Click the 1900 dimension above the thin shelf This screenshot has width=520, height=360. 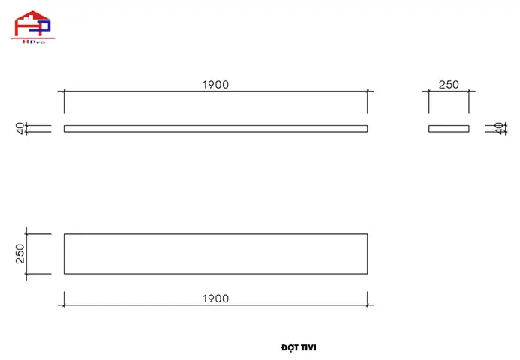[215, 85]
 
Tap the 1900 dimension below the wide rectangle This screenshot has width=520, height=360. [215, 298]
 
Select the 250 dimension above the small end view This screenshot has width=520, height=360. [449, 85]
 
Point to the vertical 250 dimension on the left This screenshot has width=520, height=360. [20, 253]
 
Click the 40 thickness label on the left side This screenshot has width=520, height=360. [20, 128]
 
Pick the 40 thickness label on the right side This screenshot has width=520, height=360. [498, 128]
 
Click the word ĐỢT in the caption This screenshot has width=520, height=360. [290, 347]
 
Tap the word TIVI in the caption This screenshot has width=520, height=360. [308, 348]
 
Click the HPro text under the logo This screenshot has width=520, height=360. [34, 42]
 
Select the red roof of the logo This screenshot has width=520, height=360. [32, 16]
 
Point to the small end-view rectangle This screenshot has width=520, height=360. [449, 128]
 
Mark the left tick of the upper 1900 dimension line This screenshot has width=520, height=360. [64, 91]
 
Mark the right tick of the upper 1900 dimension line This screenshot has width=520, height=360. [368, 91]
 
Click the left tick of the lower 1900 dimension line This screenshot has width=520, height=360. [64, 305]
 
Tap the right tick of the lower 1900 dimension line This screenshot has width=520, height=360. [368, 305]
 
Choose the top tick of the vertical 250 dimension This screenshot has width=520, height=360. [26, 234]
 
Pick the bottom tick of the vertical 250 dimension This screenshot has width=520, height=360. [26, 274]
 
